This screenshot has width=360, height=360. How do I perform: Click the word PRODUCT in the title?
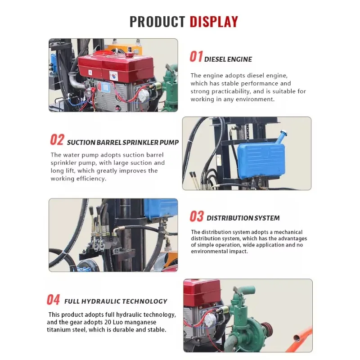[x=157, y=21]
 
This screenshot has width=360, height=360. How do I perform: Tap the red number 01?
[x=196, y=57]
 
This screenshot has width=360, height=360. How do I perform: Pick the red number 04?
[x=54, y=300]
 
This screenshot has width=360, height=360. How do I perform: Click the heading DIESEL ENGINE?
[x=228, y=59]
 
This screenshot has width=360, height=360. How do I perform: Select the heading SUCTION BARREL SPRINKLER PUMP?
[x=123, y=143]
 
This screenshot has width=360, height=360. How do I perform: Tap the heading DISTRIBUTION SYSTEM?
[x=243, y=218]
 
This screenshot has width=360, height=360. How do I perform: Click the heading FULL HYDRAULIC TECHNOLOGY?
[x=116, y=301]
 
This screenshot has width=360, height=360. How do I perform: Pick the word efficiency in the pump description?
[x=90, y=179]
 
